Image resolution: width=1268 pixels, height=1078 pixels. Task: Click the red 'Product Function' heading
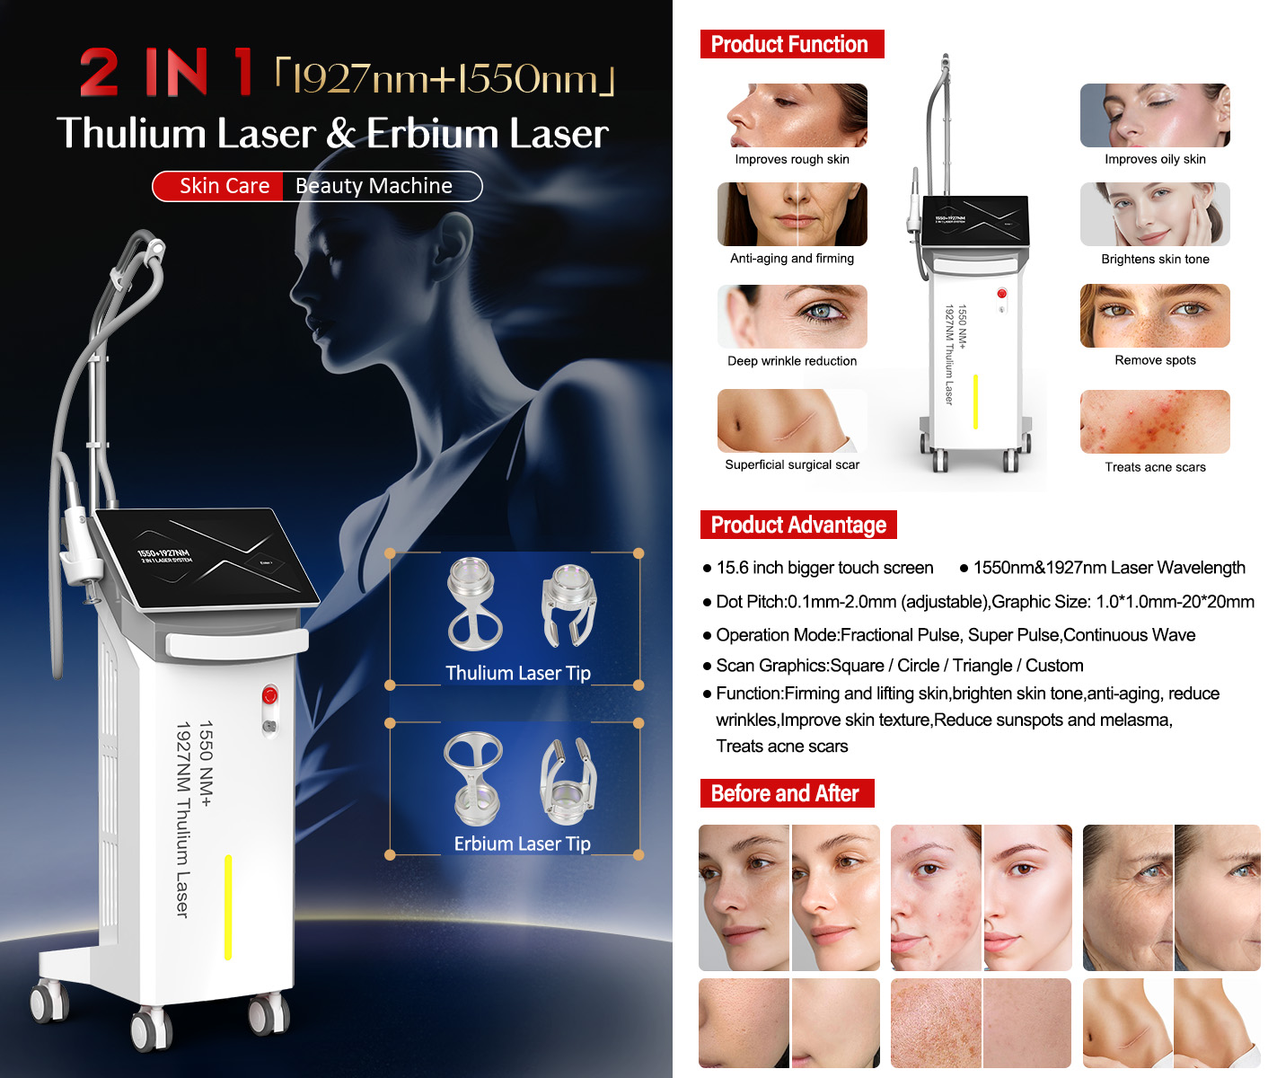tap(791, 44)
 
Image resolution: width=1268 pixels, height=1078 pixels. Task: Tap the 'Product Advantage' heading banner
tap(798, 526)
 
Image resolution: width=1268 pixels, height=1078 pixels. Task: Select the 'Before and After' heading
tap(787, 793)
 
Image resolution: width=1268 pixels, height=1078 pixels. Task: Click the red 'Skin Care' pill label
tap(224, 186)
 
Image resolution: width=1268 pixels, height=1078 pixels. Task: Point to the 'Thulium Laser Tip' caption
tap(518, 673)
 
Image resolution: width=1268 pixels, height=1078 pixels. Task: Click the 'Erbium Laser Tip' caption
tap(522, 844)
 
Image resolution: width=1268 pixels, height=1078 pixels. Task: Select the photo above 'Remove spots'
tap(1155, 316)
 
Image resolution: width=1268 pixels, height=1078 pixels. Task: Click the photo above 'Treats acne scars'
tap(1155, 421)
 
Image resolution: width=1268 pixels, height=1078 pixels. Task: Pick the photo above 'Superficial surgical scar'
tap(792, 421)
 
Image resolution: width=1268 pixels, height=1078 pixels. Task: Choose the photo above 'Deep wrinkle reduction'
tap(792, 316)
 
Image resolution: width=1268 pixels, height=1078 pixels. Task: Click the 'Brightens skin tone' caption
tap(1155, 259)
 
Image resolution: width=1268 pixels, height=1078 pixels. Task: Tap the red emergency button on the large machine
tap(269, 696)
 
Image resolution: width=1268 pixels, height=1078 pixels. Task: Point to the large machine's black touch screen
tap(206, 559)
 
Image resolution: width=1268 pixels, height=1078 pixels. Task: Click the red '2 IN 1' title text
tap(166, 73)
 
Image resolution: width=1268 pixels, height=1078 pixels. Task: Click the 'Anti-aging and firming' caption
tap(792, 259)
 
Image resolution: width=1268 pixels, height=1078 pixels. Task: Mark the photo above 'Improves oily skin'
tap(1155, 115)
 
